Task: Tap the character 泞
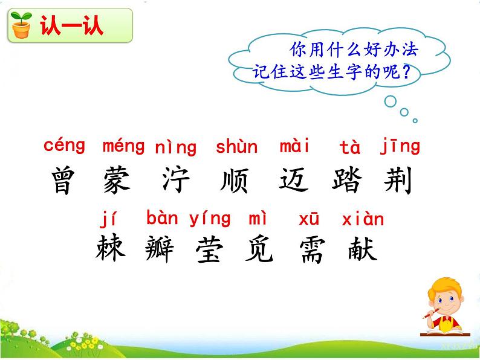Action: [x=176, y=180]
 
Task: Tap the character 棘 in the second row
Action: [x=111, y=248]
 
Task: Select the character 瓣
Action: [x=160, y=248]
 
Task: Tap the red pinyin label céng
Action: [x=64, y=146]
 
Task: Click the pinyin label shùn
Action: [x=236, y=147]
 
